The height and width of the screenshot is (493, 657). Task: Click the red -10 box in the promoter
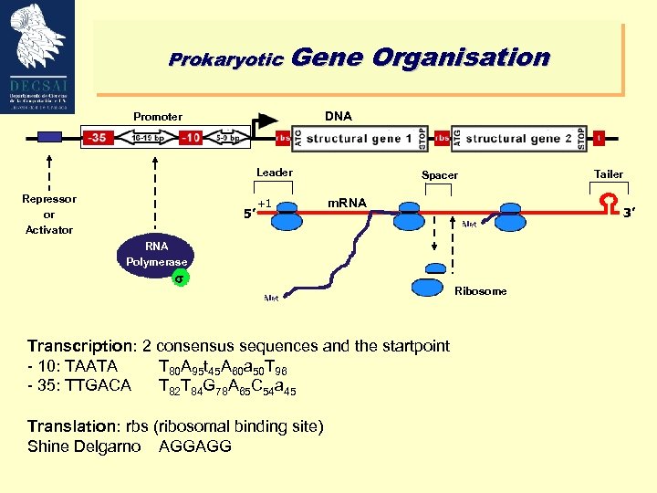pos(190,138)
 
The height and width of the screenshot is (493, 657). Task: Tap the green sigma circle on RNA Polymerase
pos(180,278)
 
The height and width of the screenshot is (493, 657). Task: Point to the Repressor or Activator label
pos(48,214)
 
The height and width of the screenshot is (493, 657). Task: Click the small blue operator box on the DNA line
pos(49,138)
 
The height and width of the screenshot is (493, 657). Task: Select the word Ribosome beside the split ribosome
pos(480,291)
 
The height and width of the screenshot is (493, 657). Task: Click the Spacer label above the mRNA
pos(440,174)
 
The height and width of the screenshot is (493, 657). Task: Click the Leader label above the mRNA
pos(274,172)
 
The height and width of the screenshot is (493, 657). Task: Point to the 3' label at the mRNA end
pos(629,214)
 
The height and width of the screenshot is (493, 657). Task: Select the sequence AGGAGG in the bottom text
pos(195,446)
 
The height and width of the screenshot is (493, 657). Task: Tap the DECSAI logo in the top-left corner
pos(38,57)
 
